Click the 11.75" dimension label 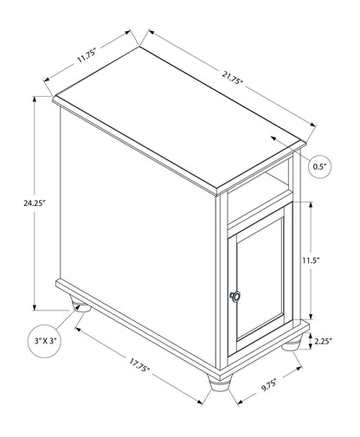pyautogui.click(x=87, y=56)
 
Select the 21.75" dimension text pyautogui.click(x=233, y=78)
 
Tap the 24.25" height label pyautogui.click(x=35, y=203)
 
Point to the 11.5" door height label pyautogui.click(x=312, y=260)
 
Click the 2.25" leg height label pyautogui.click(x=323, y=341)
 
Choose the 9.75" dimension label pyautogui.click(x=269, y=385)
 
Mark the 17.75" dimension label pyautogui.click(x=139, y=364)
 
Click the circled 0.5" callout pyautogui.click(x=319, y=167)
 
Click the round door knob pyautogui.click(x=235, y=297)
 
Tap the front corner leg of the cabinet pyautogui.click(x=220, y=383)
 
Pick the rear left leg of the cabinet pyautogui.click(x=80, y=305)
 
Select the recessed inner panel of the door pyautogui.click(x=260, y=278)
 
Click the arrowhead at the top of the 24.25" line pyautogui.click(x=35, y=100)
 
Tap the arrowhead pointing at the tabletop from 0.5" pyautogui.click(x=273, y=138)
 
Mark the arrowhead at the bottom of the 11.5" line pyautogui.click(x=311, y=317)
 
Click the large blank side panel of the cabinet pyautogui.click(x=138, y=236)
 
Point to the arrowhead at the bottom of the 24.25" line pyautogui.click(x=35, y=307)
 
